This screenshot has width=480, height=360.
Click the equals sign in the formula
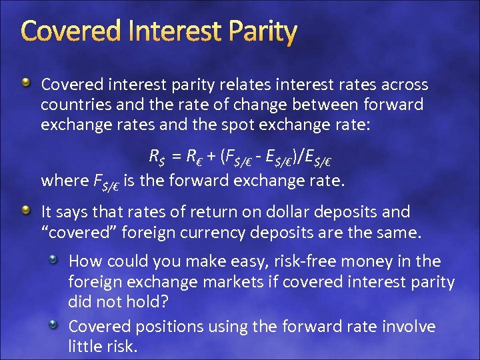pyautogui.click(x=175, y=157)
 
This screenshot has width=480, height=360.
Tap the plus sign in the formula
pyautogui.click(x=210, y=157)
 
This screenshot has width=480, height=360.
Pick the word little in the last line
pyautogui.click(x=86, y=347)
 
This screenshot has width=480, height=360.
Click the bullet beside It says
pyautogui.click(x=25, y=211)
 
